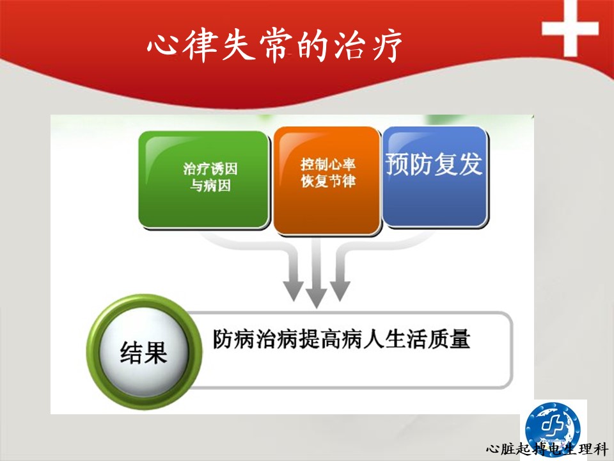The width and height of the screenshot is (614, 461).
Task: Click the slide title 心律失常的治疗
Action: (274, 45)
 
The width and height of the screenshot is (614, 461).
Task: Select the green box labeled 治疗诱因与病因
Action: (204, 179)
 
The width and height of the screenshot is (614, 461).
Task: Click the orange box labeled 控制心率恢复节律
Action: (327, 181)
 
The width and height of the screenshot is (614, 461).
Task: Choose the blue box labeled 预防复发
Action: (435, 177)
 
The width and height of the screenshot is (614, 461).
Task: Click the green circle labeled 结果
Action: (144, 352)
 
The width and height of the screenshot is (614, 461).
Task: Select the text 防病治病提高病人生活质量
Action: (342, 339)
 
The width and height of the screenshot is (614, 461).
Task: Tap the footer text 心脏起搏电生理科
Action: (547, 448)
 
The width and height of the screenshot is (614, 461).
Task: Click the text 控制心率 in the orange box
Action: (327, 165)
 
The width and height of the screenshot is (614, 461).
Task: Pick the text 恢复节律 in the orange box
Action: (327, 181)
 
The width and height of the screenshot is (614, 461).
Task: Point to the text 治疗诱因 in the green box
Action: (210, 169)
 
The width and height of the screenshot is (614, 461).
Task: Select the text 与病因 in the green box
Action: (210, 186)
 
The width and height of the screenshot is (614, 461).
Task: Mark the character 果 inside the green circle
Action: (156, 353)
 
